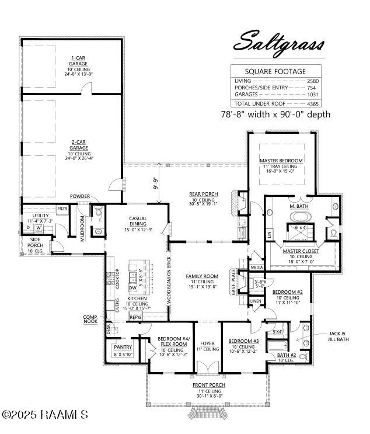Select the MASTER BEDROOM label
pyautogui.click(x=281, y=160)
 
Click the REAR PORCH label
pyautogui.click(x=203, y=193)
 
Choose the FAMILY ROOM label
pyautogui.click(x=202, y=276)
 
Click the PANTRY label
pyautogui.click(x=123, y=347)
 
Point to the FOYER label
pyautogui.click(x=207, y=343)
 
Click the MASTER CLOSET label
pyautogui.click(x=301, y=251)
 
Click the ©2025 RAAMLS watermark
pyautogui.click(x=45, y=415)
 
